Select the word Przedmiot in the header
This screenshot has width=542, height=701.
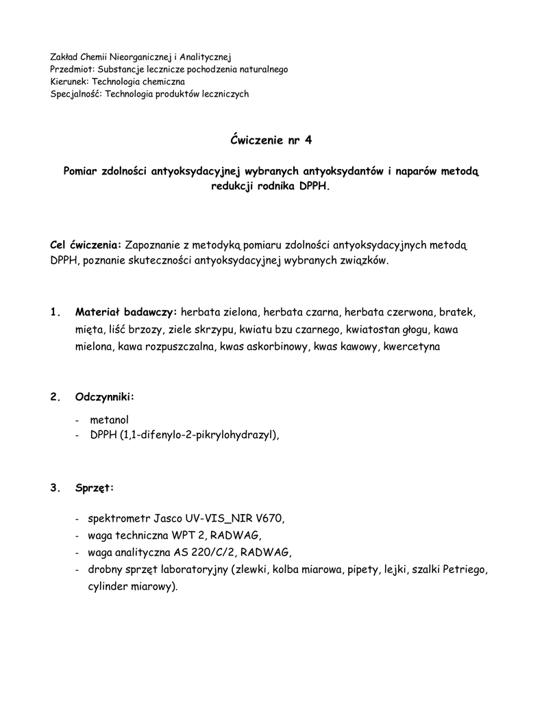(72, 69)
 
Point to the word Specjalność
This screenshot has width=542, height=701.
(75, 94)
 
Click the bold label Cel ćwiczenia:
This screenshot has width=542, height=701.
(86, 244)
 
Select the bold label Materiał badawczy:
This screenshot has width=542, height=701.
(126, 311)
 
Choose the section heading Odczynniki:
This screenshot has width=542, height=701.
(105, 397)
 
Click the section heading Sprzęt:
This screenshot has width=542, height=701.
(95, 488)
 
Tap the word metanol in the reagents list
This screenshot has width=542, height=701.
(109, 420)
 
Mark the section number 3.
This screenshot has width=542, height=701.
(55, 488)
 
